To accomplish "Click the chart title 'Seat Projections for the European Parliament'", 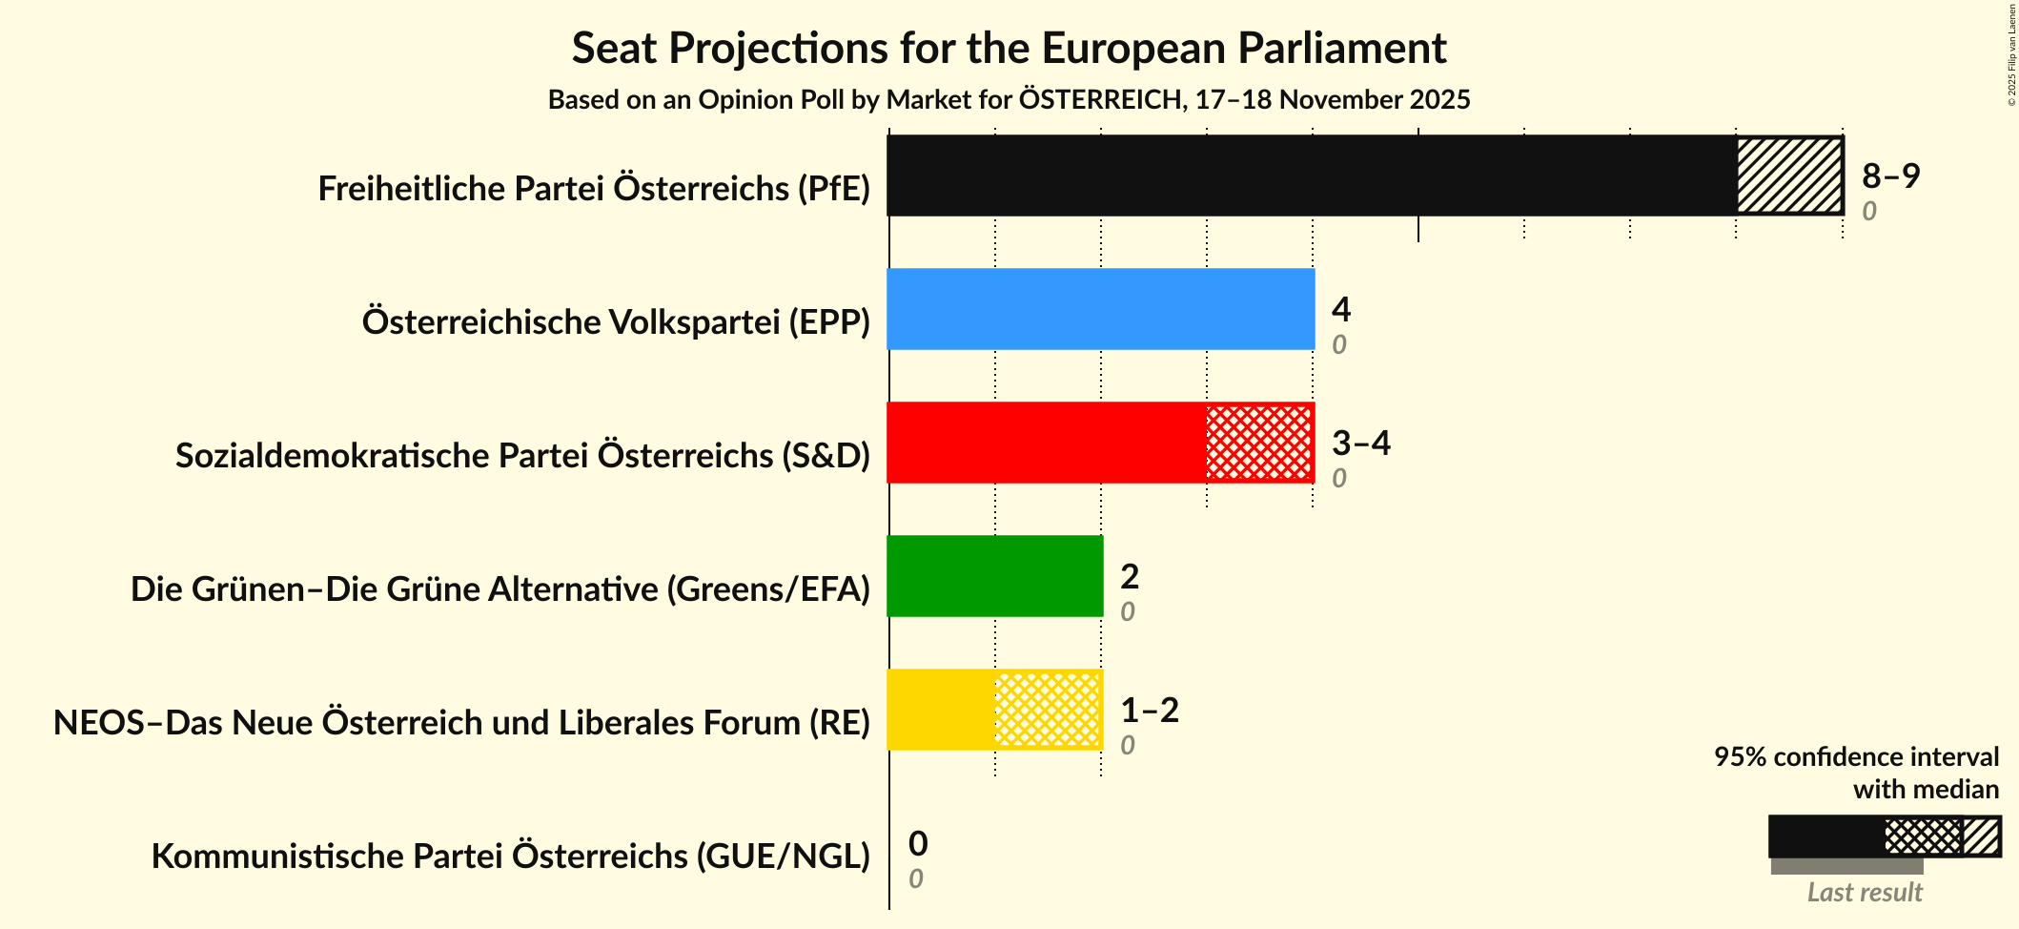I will [1009, 49].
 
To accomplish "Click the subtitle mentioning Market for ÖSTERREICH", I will [1009, 100].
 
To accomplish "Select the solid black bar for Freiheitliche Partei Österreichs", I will [1311, 175].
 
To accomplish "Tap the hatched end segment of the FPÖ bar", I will [1788, 175].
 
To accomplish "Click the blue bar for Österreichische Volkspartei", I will [1100, 309].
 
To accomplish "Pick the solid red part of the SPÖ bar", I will [1046, 443].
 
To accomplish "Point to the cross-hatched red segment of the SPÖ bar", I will [1259, 443].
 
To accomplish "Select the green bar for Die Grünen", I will [994, 576].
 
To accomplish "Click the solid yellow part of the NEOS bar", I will [941, 710].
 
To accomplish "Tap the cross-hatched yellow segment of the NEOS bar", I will [1048, 710].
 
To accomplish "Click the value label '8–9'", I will [1890, 176].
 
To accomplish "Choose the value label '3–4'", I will [1360, 444].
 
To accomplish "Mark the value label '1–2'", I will [1149, 711].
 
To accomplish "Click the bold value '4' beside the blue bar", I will [1340, 310].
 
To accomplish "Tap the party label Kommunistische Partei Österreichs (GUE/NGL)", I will [510, 857].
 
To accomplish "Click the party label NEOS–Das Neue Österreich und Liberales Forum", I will [461, 723].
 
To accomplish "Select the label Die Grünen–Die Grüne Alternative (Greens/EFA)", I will [500, 589].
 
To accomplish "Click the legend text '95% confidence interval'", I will [1855, 757].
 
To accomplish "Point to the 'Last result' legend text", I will [1864, 893].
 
